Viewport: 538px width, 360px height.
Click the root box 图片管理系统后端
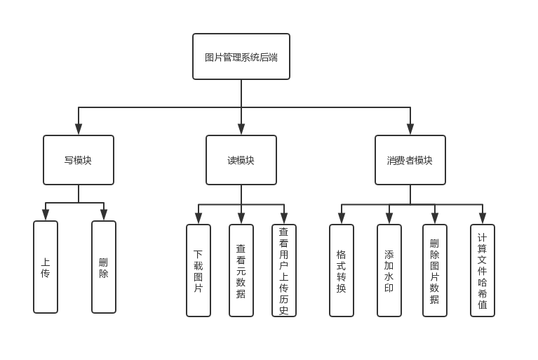coord(241,57)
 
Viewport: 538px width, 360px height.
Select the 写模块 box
coord(78,160)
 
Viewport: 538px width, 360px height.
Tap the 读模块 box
coord(241,160)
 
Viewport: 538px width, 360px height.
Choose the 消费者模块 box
coord(410,160)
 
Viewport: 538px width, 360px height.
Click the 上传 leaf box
coord(46,267)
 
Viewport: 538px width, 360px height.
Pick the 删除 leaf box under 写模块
coord(104,267)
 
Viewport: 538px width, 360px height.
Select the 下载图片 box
coord(199,270)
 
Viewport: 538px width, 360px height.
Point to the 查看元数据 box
coord(241,270)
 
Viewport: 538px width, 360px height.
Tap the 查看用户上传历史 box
coord(284,270)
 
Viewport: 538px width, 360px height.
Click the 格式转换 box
coord(342,270)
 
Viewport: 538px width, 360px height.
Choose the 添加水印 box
coord(389,270)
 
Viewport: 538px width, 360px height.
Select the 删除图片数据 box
coord(435,270)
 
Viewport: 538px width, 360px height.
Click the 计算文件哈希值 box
coord(483,270)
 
